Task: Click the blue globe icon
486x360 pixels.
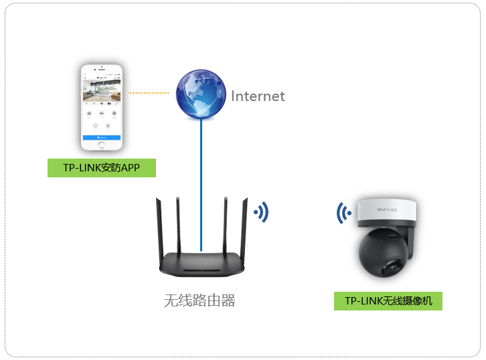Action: click(x=201, y=94)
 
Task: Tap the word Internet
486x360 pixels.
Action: click(x=258, y=96)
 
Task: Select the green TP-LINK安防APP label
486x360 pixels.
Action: click(x=102, y=168)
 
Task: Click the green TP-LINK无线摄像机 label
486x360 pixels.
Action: click(x=388, y=301)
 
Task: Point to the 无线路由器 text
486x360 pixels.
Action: click(x=199, y=300)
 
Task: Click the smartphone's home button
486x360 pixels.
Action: click(x=102, y=145)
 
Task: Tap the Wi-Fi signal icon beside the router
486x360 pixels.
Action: click(x=260, y=213)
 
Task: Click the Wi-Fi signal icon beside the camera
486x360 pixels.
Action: click(x=344, y=213)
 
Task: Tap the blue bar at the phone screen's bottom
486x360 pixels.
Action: click(x=102, y=137)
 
